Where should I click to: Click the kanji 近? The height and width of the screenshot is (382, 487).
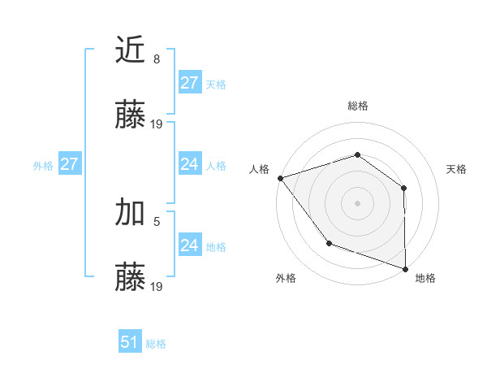tap(131, 50)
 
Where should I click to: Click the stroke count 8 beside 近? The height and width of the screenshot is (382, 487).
tap(157, 59)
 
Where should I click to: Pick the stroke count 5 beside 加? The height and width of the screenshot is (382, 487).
tap(157, 220)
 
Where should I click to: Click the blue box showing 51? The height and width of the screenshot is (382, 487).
tap(129, 342)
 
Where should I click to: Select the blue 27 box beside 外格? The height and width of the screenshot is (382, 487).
tap(69, 165)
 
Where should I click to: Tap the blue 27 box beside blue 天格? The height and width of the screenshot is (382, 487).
tap(189, 84)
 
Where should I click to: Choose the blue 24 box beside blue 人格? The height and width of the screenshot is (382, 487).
tap(189, 165)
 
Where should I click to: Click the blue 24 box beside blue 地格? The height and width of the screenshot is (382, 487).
tap(189, 245)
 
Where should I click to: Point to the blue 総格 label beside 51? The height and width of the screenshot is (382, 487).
tap(156, 344)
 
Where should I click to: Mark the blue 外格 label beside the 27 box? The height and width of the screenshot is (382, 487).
tap(43, 166)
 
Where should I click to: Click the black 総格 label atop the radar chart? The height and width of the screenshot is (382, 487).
tap(357, 106)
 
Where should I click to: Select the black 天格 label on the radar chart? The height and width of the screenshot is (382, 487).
tap(457, 169)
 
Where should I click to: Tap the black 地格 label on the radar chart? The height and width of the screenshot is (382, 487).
tap(425, 279)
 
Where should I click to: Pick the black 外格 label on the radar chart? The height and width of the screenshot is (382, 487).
tap(286, 279)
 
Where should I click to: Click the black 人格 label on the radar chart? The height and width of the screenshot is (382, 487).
tap(259, 169)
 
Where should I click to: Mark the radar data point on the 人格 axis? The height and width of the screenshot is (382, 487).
tap(280, 177)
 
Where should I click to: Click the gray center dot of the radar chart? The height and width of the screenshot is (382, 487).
tap(357, 202)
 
